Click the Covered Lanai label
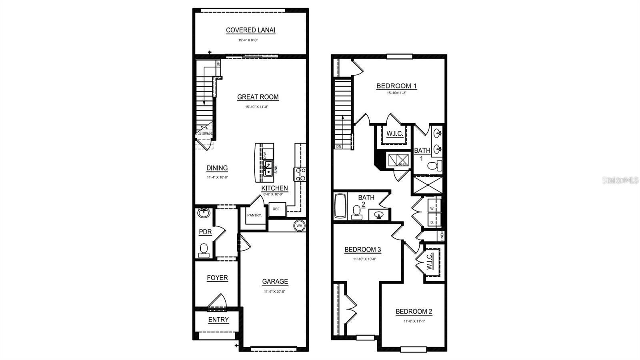tap(250, 30)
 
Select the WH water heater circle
tap(299, 226)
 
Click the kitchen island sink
tap(268, 168)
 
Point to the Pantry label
tap(254, 215)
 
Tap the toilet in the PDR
tap(204, 250)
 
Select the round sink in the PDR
tap(204, 213)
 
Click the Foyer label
tap(217, 278)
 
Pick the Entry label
tap(218, 320)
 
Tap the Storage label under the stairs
tap(206, 133)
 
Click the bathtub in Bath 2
tap(340, 206)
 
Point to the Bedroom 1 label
tap(396, 86)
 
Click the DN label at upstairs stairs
tap(339, 147)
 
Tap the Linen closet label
tap(442, 236)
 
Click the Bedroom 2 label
tap(414, 312)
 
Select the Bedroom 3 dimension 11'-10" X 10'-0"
tap(364, 259)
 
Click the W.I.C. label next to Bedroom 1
tap(394, 134)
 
